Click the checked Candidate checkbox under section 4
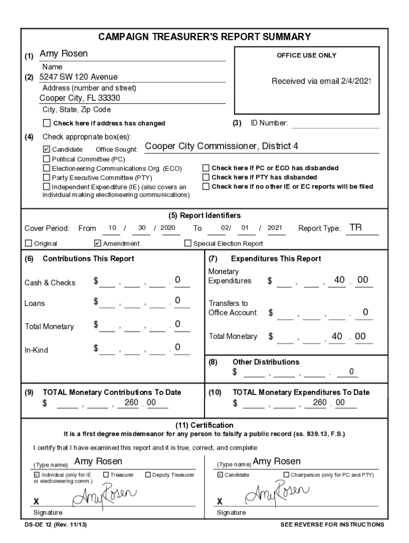click(47, 150)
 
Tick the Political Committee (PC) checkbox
click(47, 159)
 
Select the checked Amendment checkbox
click(97, 243)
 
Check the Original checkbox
click(29, 243)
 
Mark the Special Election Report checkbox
click(188, 243)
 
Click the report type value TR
click(355, 227)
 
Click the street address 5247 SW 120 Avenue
click(79, 77)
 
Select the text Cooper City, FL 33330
click(80, 98)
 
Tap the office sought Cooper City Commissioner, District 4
click(221, 146)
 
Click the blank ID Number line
click(335, 124)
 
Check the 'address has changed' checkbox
click(47, 124)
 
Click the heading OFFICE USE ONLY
click(306, 56)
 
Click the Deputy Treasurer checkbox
click(148, 475)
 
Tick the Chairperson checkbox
click(286, 475)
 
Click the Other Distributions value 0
click(351, 371)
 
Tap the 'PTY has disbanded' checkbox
click(206, 177)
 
